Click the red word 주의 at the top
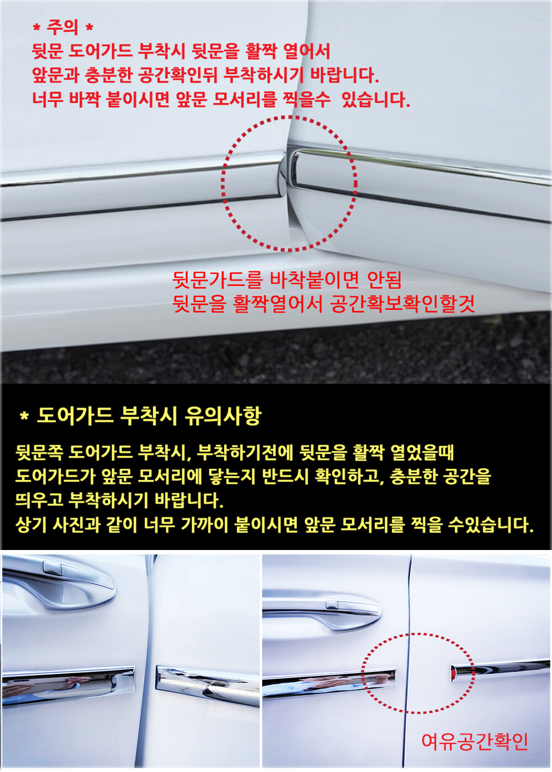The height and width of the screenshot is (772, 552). [62, 27]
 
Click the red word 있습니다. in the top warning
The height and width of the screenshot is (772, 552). [376, 99]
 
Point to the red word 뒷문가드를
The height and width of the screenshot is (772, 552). [217, 280]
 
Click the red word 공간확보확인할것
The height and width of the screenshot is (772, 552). [402, 304]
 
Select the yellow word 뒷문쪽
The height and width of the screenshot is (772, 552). [39, 453]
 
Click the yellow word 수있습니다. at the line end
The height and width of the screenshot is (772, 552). [491, 525]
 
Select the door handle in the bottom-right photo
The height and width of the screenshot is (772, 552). [321, 613]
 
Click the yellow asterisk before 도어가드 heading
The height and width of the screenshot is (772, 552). [24, 417]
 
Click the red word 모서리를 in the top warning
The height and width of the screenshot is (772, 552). [245, 99]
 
